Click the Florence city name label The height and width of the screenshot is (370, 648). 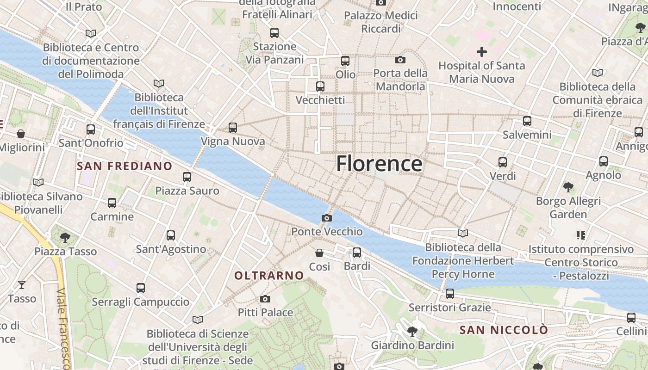point(379,164)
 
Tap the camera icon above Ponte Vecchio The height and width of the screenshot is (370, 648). point(327,218)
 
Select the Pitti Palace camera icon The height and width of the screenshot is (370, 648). point(265,299)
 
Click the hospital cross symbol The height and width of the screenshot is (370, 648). point(482,52)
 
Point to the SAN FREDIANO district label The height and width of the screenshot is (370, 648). point(125,166)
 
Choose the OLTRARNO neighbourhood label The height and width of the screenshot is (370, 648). point(269,276)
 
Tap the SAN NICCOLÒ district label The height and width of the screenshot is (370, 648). point(504,330)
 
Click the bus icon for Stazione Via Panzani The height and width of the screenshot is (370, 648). point(274,33)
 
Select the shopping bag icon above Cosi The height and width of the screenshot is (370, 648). point(319,253)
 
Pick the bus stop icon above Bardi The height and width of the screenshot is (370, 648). point(357,253)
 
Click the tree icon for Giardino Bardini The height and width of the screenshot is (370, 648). point(412,332)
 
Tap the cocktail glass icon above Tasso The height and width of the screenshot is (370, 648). point(22,285)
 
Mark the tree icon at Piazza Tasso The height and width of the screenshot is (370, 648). point(65,238)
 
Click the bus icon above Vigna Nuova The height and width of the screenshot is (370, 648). point(233,128)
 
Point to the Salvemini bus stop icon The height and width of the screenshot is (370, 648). point(527,121)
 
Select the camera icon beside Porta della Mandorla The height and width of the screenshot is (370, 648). point(400,60)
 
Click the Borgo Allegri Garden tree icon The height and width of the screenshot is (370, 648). point(568,187)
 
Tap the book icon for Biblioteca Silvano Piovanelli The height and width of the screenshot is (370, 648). point(38,183)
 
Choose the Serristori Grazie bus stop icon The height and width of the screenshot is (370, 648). point(449,294)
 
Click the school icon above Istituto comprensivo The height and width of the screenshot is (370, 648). point(581,235)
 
